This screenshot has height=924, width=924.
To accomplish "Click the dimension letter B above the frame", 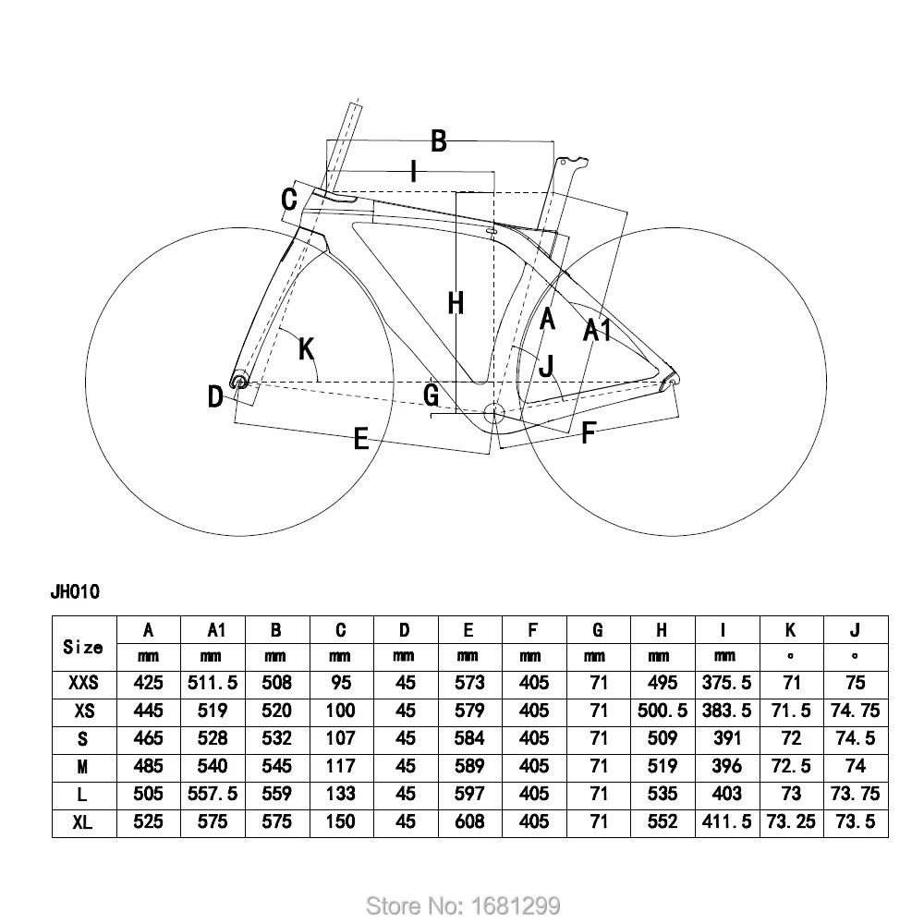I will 439,141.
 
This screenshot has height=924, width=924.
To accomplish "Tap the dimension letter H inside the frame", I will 456,302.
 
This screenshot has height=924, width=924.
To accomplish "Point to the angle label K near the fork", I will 307,348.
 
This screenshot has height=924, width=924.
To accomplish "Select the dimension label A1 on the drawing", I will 598,330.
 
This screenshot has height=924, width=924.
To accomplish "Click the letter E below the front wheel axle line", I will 362,439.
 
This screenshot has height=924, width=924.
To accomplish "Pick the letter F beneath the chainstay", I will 588,432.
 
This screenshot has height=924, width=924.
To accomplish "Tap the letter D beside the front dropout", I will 215,397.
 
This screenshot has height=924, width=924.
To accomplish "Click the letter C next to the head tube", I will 289,199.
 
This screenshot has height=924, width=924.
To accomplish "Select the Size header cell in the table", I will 83,647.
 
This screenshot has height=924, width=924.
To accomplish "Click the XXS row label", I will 83,683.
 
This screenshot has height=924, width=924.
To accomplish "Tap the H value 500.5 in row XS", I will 662,711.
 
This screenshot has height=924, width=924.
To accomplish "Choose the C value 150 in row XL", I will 340,821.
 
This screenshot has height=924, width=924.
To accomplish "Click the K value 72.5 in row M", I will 790,766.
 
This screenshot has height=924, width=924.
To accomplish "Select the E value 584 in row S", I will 468,738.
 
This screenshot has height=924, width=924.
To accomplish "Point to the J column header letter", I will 855,630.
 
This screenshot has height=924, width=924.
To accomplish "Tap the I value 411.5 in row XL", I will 725,821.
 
